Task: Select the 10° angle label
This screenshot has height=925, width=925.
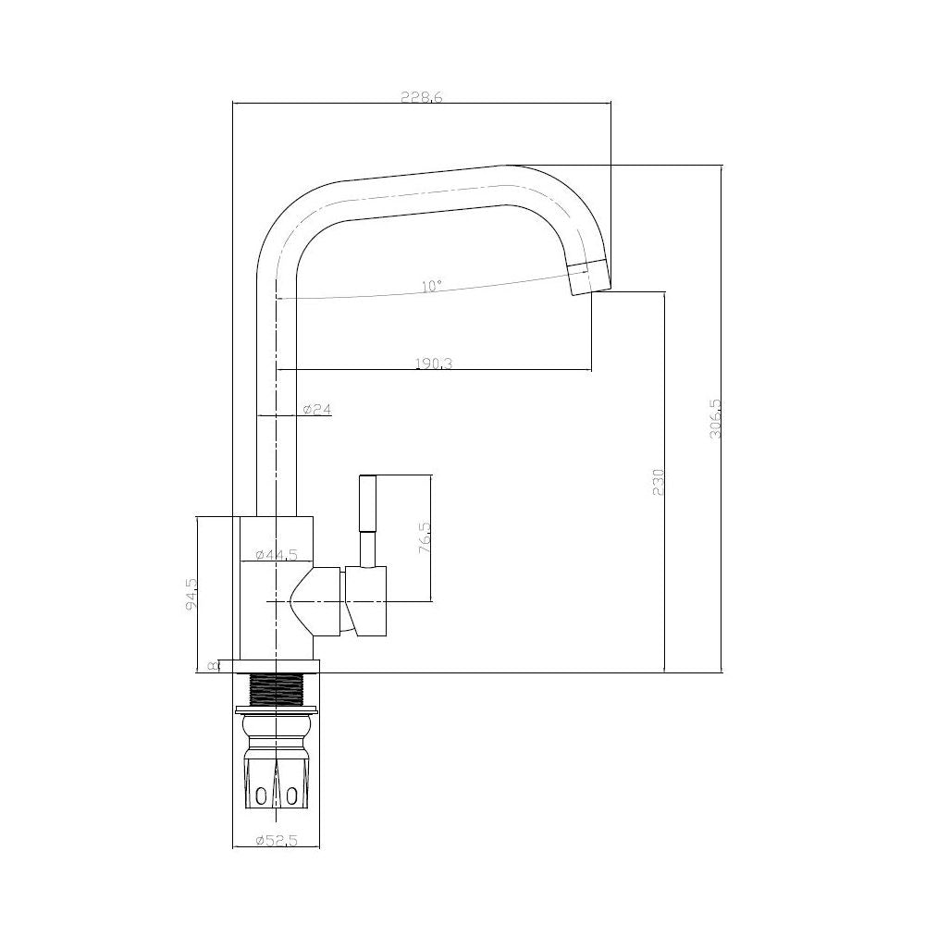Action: pos(430,287)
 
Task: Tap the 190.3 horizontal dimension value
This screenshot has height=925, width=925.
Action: pos(434,364)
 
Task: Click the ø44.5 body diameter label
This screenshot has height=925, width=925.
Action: pos(275,554)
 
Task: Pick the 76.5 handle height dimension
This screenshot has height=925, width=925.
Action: pos(425,537)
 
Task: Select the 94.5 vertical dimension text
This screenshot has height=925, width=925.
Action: pos(191,594)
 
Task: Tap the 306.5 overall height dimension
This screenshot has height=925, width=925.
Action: pos(714,419)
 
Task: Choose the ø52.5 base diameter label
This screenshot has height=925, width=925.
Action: pos(275,841)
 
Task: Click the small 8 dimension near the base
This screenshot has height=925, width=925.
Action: pos(213,665)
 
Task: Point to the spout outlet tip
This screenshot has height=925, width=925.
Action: pos(588,278)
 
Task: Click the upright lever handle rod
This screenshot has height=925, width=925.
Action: pos(367,517)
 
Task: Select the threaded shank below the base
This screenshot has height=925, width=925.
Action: pos(277,688)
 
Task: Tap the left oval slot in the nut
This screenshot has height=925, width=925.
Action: pos(262,795)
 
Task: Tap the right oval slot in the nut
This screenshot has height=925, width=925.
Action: pos(292,795)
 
